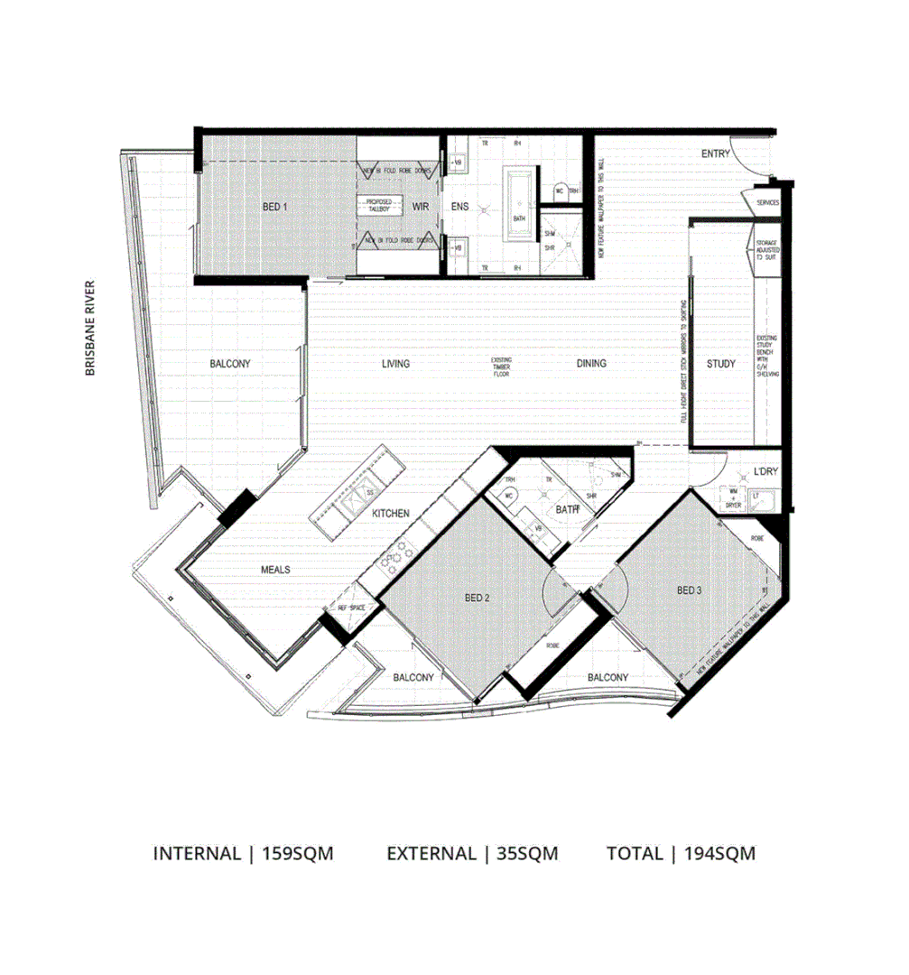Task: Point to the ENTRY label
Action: tap(715, 154)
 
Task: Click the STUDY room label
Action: tap(720, 364)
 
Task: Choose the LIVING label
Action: tap(395, 364)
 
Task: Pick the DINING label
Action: tap(591, 364)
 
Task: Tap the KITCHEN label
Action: tap(391, 514)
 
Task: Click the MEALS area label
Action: tap(275, 570)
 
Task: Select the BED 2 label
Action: tap(477, 598)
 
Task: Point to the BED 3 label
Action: tap(689, 590)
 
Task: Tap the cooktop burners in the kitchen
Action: tap(394, 559)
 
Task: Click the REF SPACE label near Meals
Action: tap(351, 608)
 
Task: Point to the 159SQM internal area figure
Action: tap(297, 853)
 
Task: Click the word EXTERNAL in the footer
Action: tap(431, 853)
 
